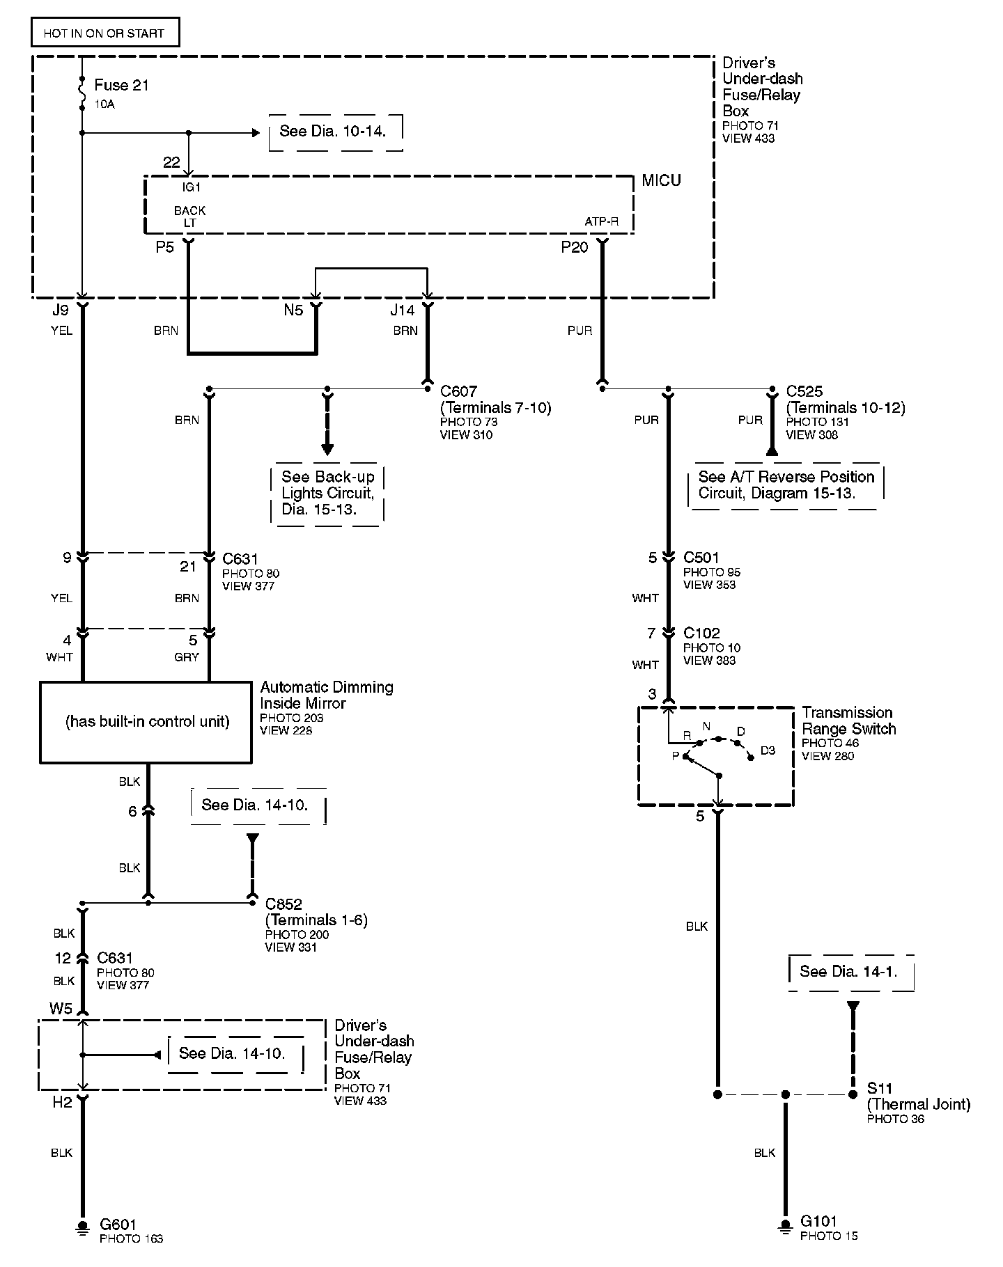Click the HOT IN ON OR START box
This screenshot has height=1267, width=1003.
[x=104, y=33]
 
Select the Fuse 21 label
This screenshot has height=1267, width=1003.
[x=121, y=86]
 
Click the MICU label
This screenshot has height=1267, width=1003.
[x=661, y=181]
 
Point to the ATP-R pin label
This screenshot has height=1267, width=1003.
[x=601, y=222]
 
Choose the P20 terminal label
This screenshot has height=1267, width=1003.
[x=575, y=247]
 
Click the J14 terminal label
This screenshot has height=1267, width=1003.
[x=403, y=310]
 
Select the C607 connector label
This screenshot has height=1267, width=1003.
[x=459, y=391]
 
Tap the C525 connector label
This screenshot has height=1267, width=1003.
[x=804, y=391]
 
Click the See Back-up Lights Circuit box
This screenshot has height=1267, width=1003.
[x=327, y=493]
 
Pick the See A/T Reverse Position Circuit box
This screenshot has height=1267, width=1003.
[x=786, y=485]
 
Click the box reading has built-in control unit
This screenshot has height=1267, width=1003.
[x=146, y=722]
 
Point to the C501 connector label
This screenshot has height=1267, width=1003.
[x=701, y=558]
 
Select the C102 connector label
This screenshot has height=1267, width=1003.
[x=701, y=633]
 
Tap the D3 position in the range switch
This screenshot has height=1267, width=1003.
[x=767, y=750]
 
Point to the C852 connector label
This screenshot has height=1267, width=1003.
[x=283, y=904]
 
